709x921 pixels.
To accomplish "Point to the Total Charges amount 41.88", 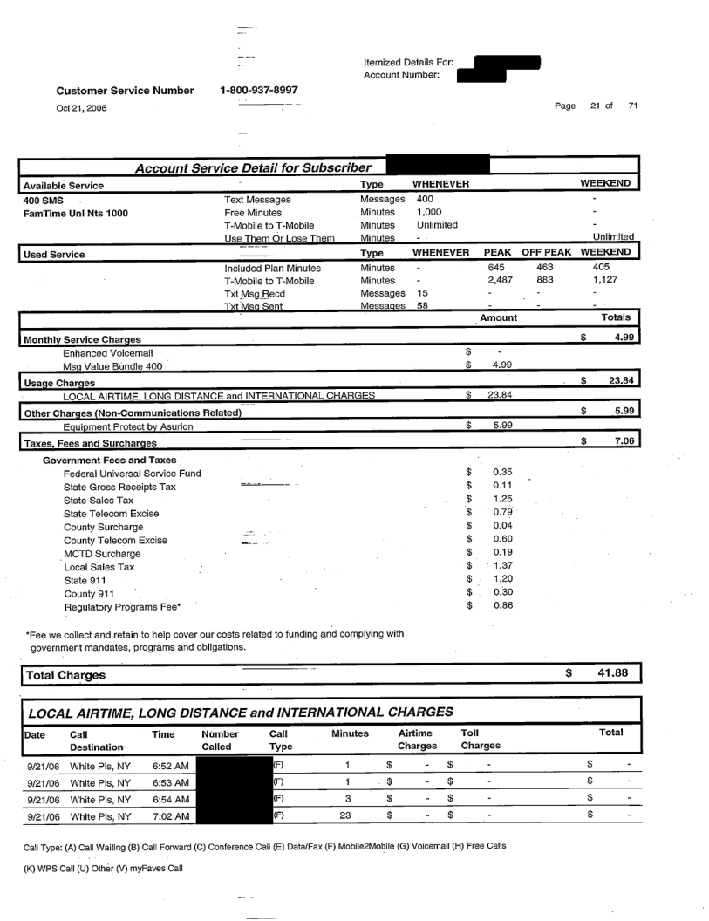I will [x=611, y=674].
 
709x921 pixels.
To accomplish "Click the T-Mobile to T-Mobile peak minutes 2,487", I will [x=501, y=281].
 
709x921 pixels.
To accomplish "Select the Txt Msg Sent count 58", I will [x=423, y=308].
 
